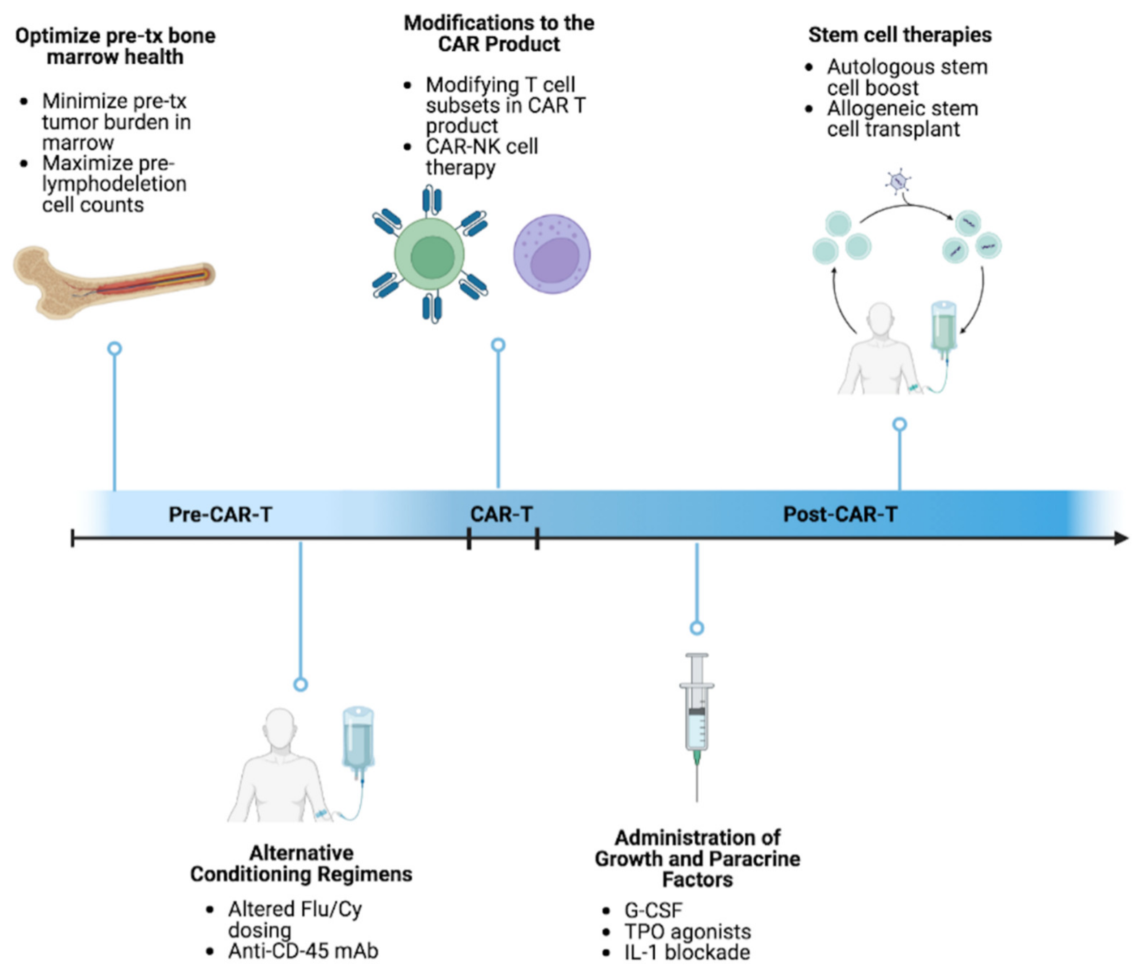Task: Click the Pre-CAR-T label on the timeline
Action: pyautogui.click(x=220, y=514)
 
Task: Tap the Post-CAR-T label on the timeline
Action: pyautogui.click(x=840, y=514)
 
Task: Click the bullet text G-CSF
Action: pyautogui.click(x=653, y=910)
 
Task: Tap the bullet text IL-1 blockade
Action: pyautogui.click(x=687, y=952)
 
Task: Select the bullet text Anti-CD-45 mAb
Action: pyautogui.click(x=303, y=951)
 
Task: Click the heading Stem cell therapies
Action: pyautogui.click(x=899, y=35)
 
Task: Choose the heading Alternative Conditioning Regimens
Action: pyautogui.click(x=301, y=863)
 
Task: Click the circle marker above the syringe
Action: pyautogui.click(x=697, y=628)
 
